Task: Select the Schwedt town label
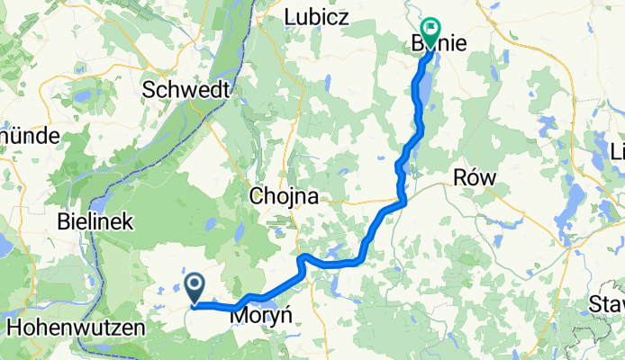(x=187, y=90)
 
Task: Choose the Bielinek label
(x=95, y=220)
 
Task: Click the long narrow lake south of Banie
(x=419, y=99)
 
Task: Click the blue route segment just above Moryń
(x=261, y=298)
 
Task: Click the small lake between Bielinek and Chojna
(x=239, y=232)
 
